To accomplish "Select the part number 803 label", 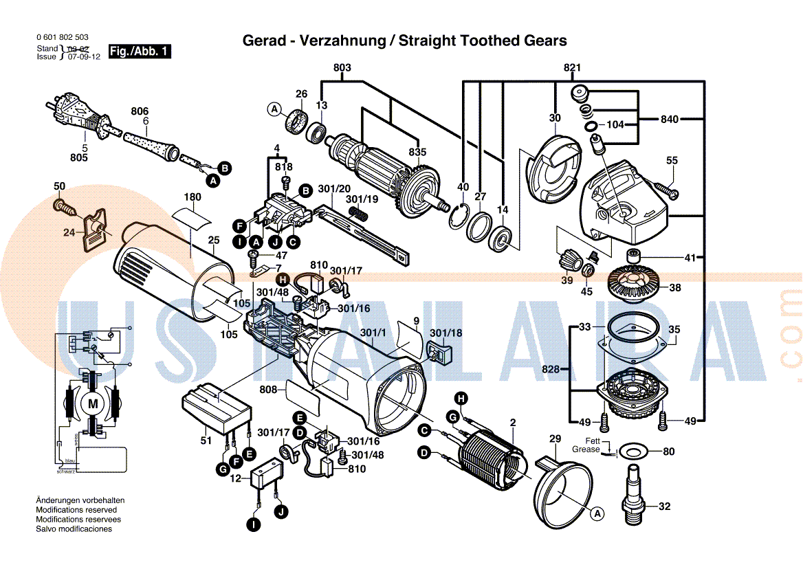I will pyautogui.click(x=342, y=67).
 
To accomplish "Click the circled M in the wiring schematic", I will pyautogui.click(x=92, y=403).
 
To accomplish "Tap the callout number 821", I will pyautogui.click(x=572, y=67).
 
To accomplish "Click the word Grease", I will pyautogui.click(x=586, y=449).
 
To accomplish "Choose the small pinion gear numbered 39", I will pyautogui.click(x=568, y=261).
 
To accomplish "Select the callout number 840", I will pyautogui.click(x=670, y=120).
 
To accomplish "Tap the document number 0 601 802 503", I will pyautogui.click(x=62, y=37).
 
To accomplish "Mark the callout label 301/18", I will pyautogui.click(x=445, y=333).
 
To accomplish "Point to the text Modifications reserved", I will pyautogui.click(x=76, y=510).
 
